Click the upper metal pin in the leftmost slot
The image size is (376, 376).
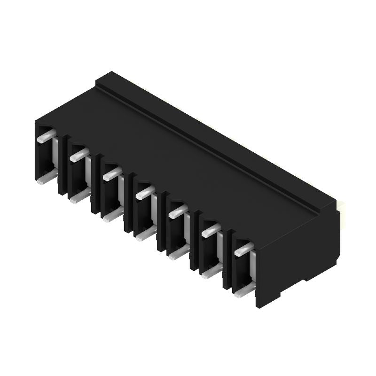(44, 137)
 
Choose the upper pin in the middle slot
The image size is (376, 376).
(144, 192)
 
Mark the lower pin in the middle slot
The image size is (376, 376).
(144, 234)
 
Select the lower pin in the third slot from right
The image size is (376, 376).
(177, 253)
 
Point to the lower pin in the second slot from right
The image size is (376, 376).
(210, 270)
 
